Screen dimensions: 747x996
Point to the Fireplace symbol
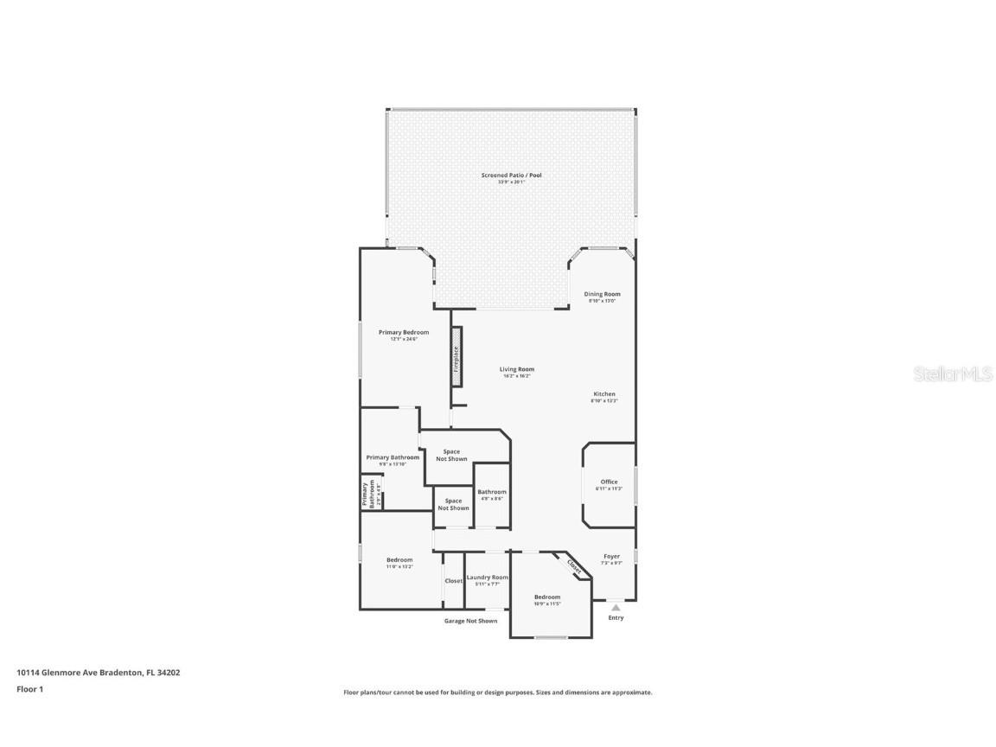pyautogui.click(x=456, y=356)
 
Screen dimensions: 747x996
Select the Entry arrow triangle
pyautogui.click(x=616, y=608)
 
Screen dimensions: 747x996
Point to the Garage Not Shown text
pyautogui.click(x=470, y=621)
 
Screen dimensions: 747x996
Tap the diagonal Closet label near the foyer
pyautogui.click(x=574, y=565)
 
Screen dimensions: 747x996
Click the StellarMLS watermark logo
pyautogui.click(x=948, y=373)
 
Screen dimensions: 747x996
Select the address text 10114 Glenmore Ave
pyautogui.click(x=98, y=672)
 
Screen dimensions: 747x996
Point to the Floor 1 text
pyautogui.click(x=29, y=689)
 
